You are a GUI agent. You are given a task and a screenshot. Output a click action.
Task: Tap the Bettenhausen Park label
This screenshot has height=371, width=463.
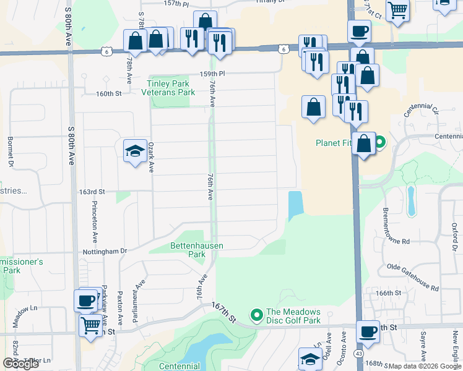click(x=196, y=250)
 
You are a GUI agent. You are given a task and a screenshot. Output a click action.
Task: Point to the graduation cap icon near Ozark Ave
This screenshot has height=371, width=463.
click(x=135, y=151)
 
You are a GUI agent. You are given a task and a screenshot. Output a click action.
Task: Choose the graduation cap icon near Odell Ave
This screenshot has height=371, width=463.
click(x=311, y=359)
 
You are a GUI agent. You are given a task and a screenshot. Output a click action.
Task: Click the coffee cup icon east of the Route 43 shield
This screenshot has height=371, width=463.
click(x=370, y=331)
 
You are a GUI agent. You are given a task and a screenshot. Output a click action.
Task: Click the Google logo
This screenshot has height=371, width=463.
click(x=20, y=364)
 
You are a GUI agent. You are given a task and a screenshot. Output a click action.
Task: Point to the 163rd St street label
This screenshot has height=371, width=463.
click(x=90, y=192)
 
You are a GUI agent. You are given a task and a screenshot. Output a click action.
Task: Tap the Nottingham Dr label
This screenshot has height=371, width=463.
click(x=103, y=251)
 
